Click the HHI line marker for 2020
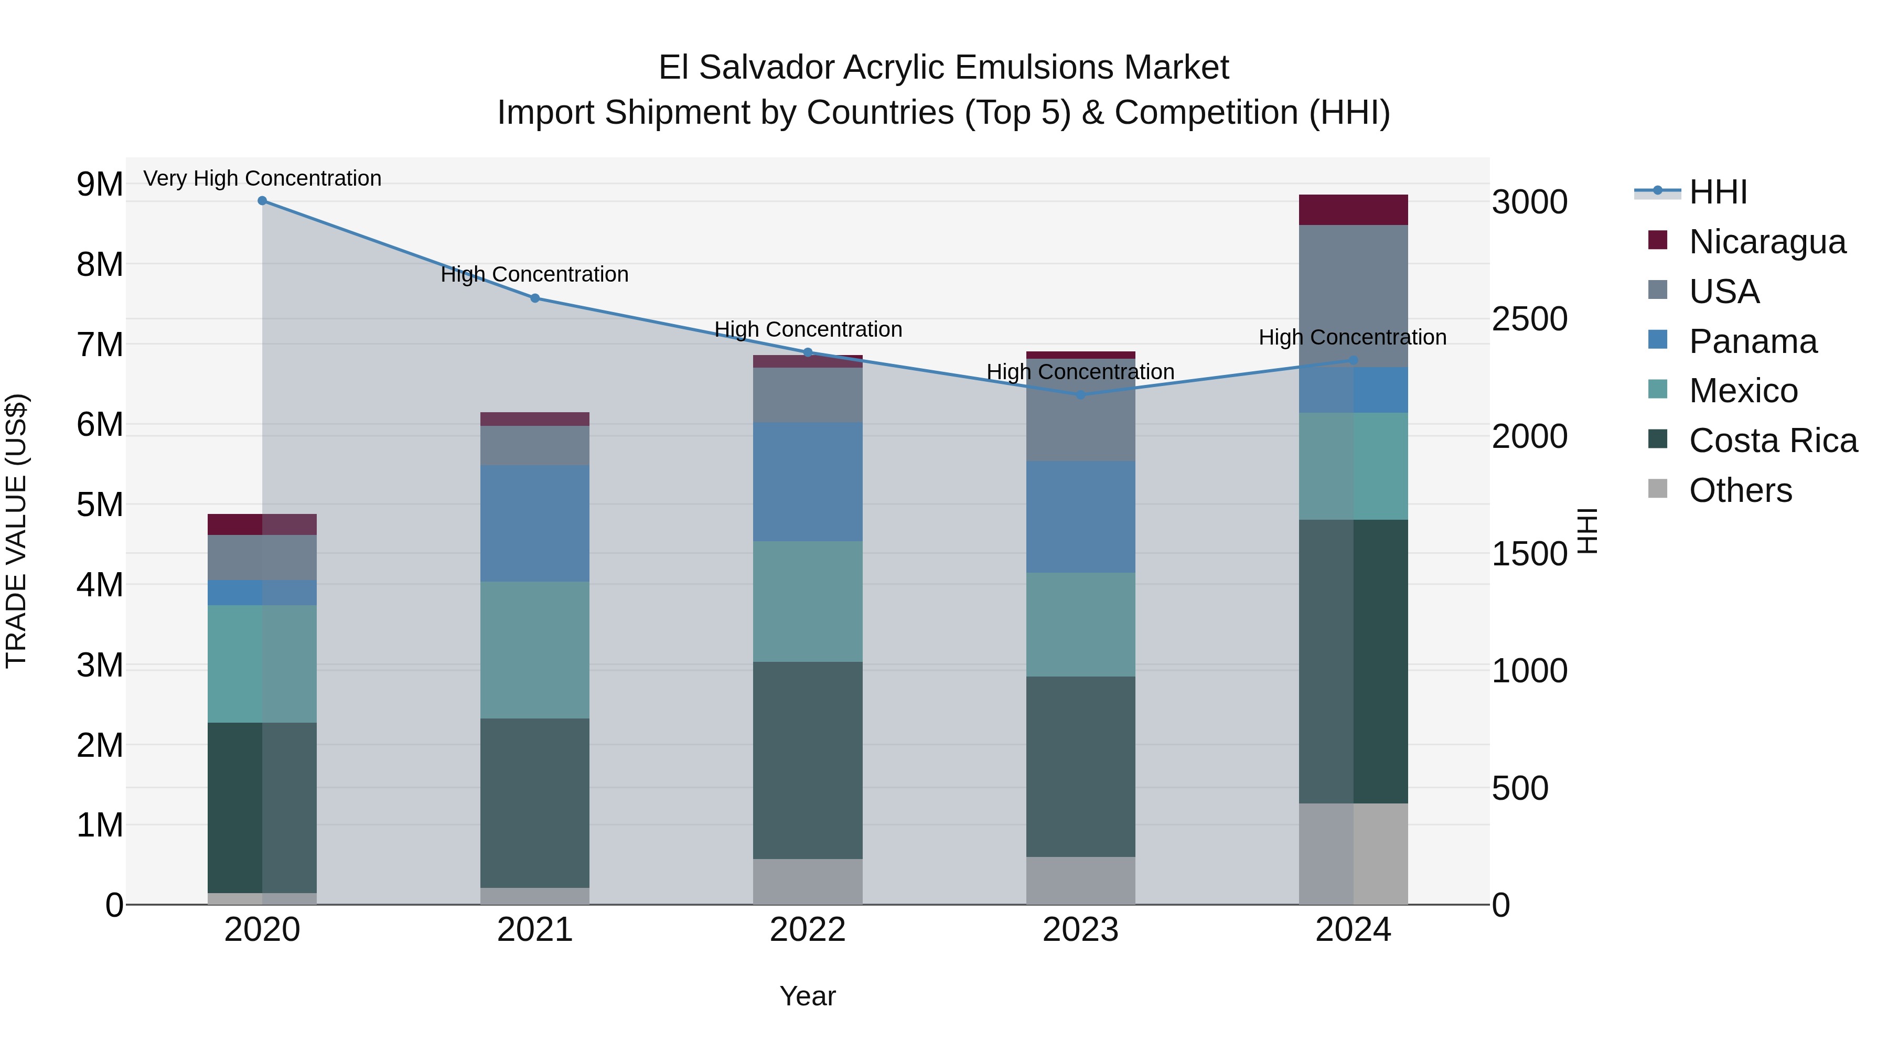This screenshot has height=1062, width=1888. [x=262, y=201]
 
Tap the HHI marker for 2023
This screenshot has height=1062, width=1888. [x=1080, y=395]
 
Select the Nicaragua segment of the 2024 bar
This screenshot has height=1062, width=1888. [x=1353, y=210]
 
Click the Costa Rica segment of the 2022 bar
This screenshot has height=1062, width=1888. [x=808, y=760]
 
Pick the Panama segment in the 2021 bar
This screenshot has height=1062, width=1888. [x=535, y=523]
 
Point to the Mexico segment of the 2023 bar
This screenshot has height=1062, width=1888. [x=1080, y=625]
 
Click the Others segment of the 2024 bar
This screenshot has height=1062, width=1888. [x=1353, y=854]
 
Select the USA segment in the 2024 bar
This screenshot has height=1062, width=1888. [x=1353, y=293]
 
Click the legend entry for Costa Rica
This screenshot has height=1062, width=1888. [x=1772, y=441]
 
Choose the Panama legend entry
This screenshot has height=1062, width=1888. [x=1752, y=341]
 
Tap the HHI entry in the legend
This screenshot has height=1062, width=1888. [x=1717, y=192]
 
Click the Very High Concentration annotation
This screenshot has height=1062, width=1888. [x=262, y=178]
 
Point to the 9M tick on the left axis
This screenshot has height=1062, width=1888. [x=100, y=184]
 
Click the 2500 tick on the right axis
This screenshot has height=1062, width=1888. [x=1530, y=319]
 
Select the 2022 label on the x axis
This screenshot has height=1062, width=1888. [x=808, y=930]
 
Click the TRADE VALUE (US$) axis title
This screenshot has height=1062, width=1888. [x=16, y=531]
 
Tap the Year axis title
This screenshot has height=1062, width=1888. [x=808, y=996]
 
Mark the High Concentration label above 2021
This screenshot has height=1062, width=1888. [x=534, y=274]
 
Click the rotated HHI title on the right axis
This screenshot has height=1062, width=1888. [x=1587, y=531]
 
